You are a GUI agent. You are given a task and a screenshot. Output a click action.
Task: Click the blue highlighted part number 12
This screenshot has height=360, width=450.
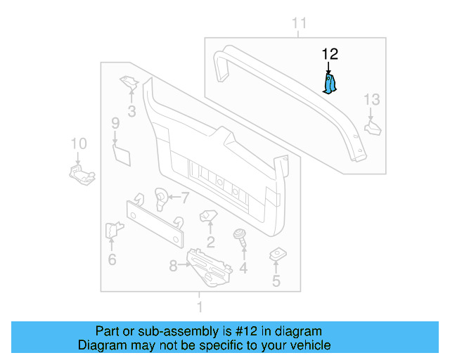click(x=329, y=83)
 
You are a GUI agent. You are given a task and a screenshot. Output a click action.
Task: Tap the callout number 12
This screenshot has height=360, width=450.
click(x=330, y=53)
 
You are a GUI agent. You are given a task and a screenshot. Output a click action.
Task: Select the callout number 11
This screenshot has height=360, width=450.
click(x=300, y=25)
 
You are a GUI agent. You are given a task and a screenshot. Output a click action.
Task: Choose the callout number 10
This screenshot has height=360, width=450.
click(x=79, y=144)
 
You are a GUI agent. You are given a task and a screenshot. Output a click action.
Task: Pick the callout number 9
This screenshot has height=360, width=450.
click(x=115, y=124)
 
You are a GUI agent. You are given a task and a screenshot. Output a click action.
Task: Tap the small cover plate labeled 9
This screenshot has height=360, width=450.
click(x=122, y=153)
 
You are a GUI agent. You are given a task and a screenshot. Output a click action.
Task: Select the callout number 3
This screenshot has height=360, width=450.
click(x=131, y=110)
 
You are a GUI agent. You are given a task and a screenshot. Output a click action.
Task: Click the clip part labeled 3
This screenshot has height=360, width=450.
click(x=129, y=83)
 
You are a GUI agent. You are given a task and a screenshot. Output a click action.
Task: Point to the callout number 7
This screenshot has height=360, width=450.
click(x=186, y=197)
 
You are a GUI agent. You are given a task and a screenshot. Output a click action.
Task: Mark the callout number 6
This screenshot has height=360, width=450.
click(x=112, y=260)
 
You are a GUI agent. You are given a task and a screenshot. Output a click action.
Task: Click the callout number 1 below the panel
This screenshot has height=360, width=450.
click(x=200, y=307)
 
